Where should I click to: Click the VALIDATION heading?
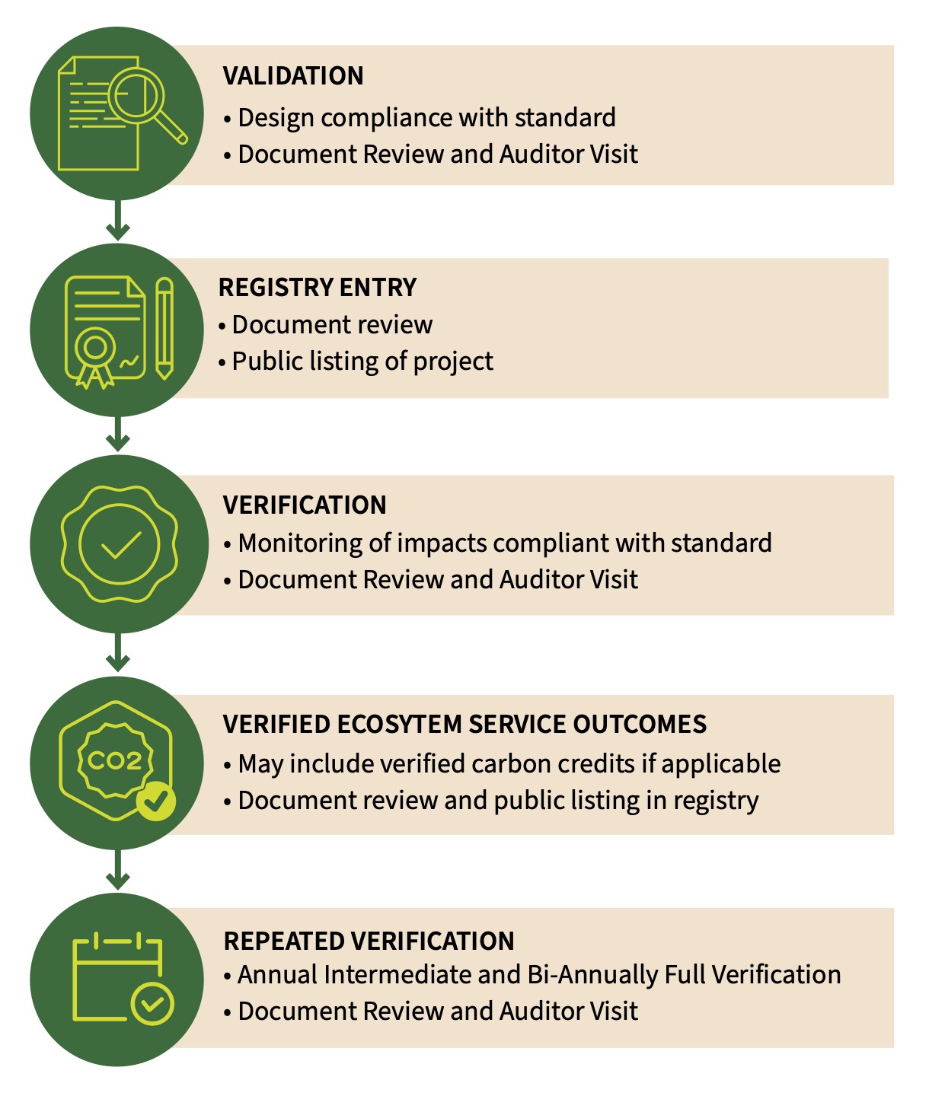click(293, 76)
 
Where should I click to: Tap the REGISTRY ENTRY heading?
click(318, 288)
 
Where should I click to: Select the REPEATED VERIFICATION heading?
click(369, 941)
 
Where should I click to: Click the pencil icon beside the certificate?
click(164, 328)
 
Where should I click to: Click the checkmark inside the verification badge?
click(121, 544)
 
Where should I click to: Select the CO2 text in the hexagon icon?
click(115, 761)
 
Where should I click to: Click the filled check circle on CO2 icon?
click(155, 801)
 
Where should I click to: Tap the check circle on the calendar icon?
click(152, 1003)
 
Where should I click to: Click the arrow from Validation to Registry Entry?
click(118, 220)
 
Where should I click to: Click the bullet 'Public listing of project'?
click(356, 362)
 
